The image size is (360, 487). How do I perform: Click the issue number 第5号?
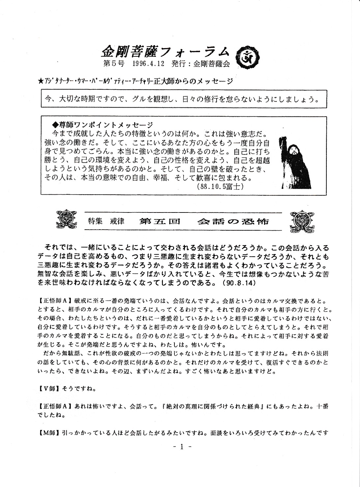click(x=113, y=64)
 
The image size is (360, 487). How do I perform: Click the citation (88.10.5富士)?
click(x=219, y=187)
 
